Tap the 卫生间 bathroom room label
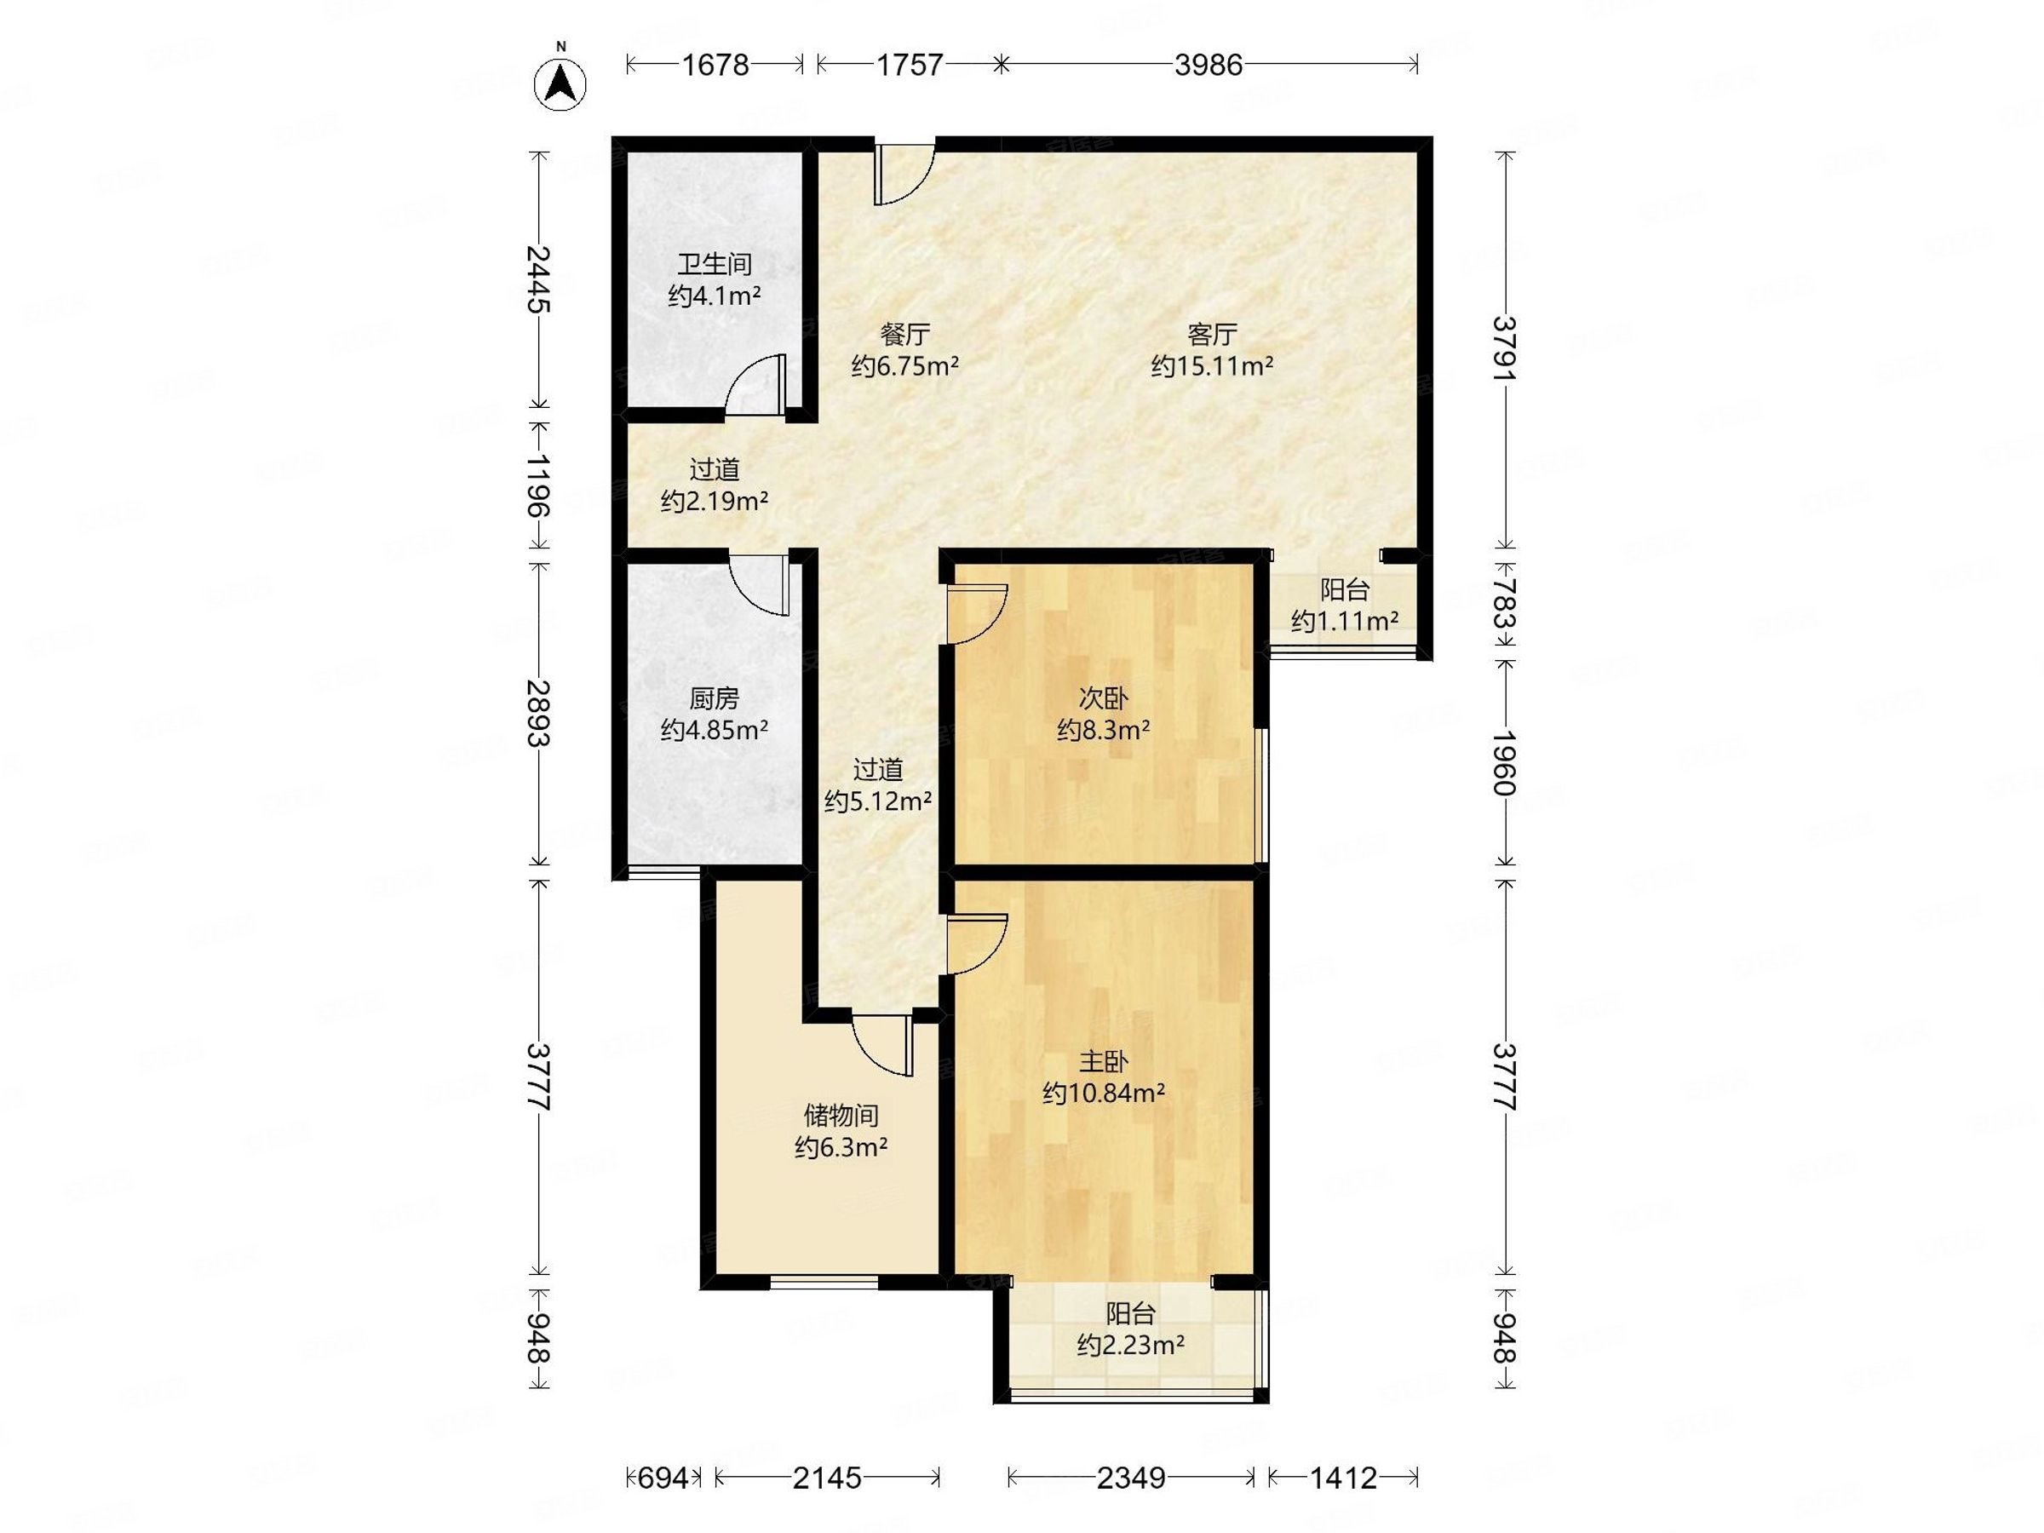(715, 264)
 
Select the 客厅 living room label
(1211, 334)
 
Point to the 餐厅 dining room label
(904, 334)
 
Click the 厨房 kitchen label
(715, 698)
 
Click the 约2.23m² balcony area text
(1130, 1345)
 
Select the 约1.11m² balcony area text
(1345, 621)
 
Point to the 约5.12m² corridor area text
(878, 801)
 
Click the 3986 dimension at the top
(1208, 65)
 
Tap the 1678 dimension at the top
(715, 65)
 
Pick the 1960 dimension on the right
(1504, 762)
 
